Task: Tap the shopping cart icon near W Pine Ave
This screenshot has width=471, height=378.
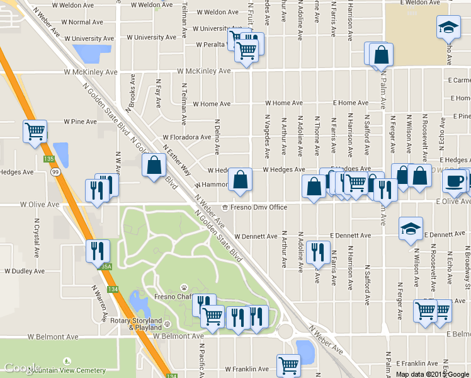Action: [35, 132]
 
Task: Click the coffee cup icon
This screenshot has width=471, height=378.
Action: [453, 181]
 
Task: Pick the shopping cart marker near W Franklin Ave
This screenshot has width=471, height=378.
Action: [289, 365]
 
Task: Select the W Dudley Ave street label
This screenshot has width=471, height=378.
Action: [25, 272]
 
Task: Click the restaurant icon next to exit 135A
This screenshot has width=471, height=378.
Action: [98, 251]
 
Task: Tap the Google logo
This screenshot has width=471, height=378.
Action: [22, 368]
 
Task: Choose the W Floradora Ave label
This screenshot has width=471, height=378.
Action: [186, 137]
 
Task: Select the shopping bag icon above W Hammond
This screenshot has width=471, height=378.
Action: [241, 180]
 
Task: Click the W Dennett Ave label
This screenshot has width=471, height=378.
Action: [256, 236]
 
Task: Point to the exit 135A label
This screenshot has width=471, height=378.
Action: [105, 266]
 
